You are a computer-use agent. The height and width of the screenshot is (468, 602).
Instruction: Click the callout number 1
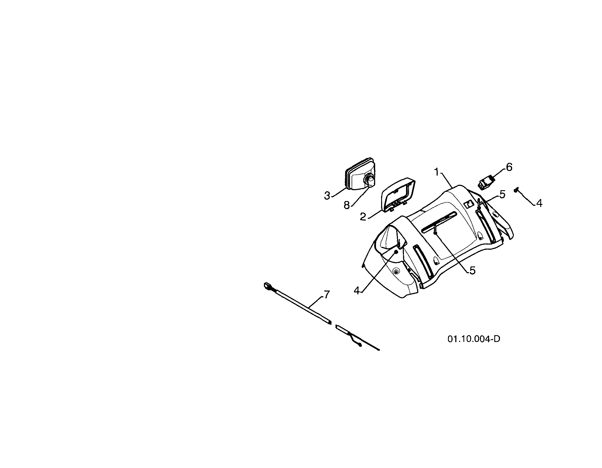tap(436, 172)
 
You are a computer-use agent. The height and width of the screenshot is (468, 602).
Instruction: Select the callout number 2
tap(363, 217)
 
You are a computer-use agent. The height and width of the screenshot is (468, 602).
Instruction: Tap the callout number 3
tap(327, 196)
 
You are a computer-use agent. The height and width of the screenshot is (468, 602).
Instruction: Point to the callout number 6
tap(509, 167)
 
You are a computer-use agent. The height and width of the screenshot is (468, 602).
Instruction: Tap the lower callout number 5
tap(472, 271)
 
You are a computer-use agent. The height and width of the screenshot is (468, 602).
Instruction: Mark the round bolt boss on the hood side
tap(396, 272)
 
